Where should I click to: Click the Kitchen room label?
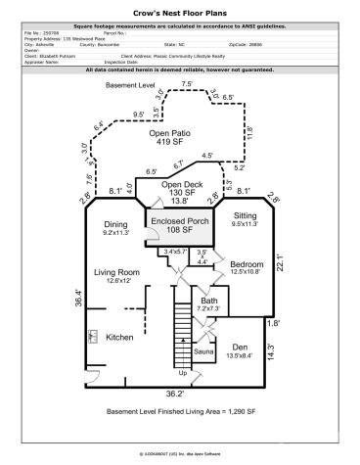pos(119,337)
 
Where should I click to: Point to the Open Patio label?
pos(171,133)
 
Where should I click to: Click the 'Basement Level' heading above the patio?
pos(130,87)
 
